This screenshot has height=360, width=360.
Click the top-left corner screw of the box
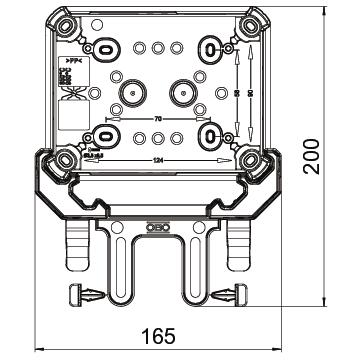(66, 23)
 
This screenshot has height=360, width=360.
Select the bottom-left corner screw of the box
(66, 157)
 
